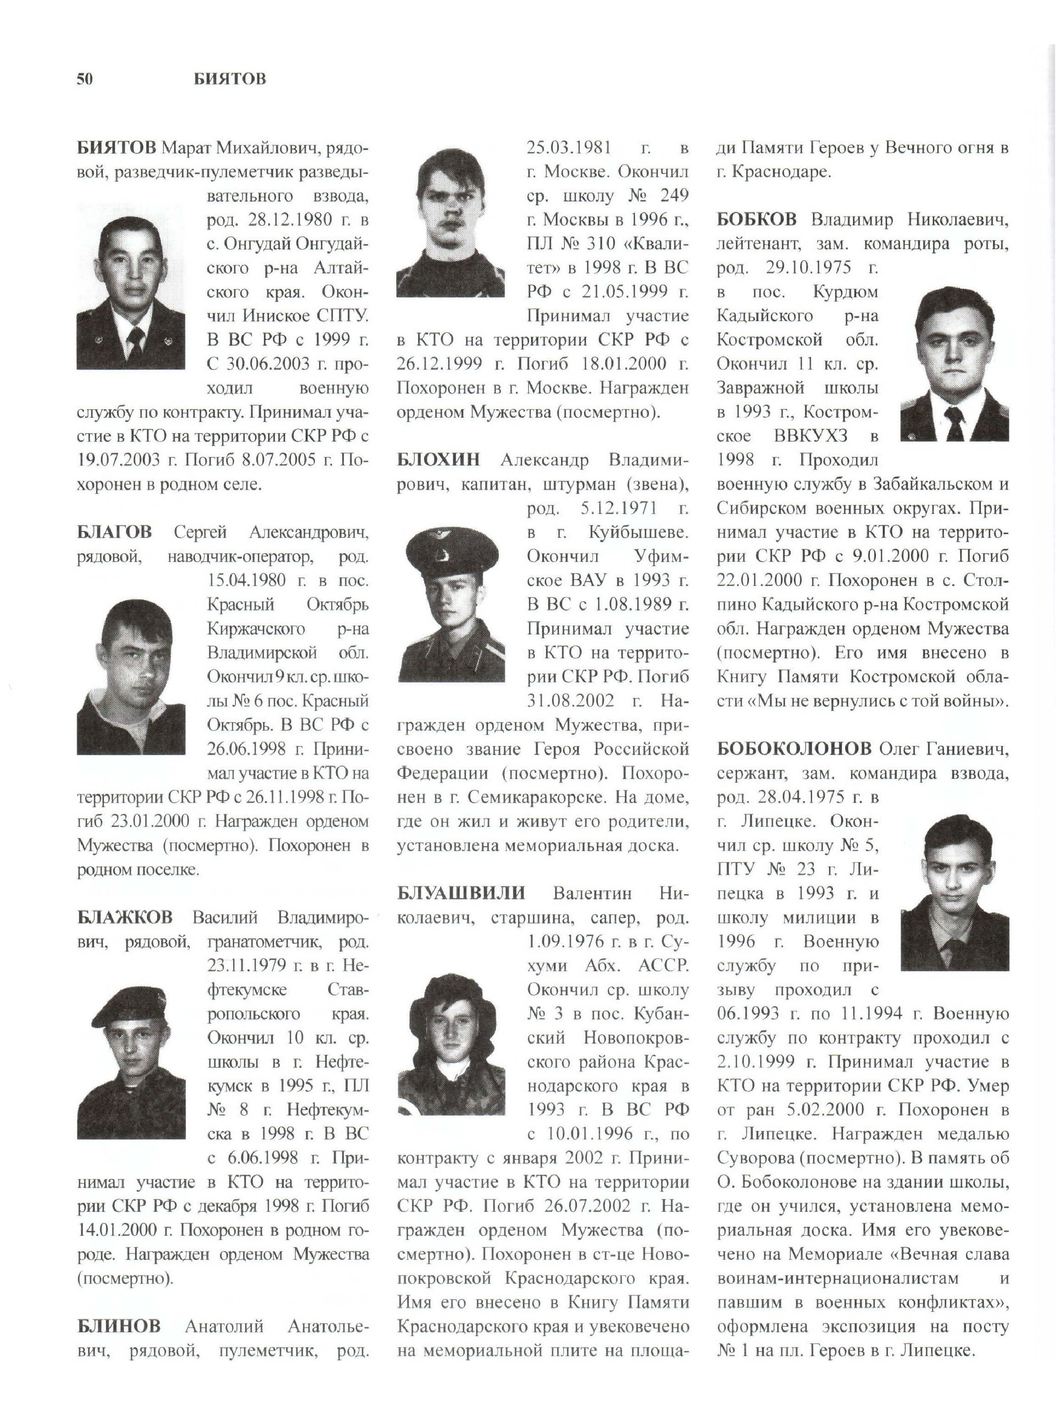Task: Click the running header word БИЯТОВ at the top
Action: (x=230, y=79)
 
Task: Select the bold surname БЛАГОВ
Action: (x=115, y=532)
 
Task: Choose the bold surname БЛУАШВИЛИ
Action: (x=461, y=893)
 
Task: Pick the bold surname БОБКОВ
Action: (x=756, y=220)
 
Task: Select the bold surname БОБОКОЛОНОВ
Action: (x=794, y=749)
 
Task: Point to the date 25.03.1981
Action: (x=569, y=148)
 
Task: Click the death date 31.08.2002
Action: (x=570, y=701)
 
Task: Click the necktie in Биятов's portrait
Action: (x=135, y=343)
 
